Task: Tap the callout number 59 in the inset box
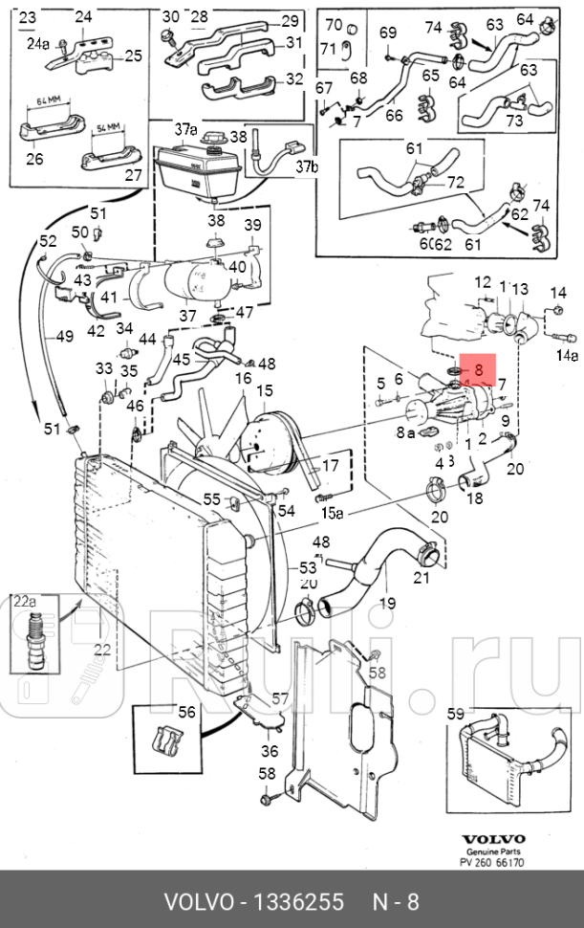pos(456,713)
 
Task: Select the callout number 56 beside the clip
pos(186,712)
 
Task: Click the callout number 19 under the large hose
pos(387,604)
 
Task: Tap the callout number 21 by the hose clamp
pos(421,578)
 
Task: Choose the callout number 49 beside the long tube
pos(65,337)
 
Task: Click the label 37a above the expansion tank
pos(185,129)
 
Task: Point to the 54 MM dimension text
pos(112,127)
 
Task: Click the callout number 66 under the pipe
pos(394,115)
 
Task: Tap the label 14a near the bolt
pos(568,355)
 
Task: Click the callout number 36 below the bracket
pos(270,751)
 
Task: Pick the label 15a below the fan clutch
pos(331,514)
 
